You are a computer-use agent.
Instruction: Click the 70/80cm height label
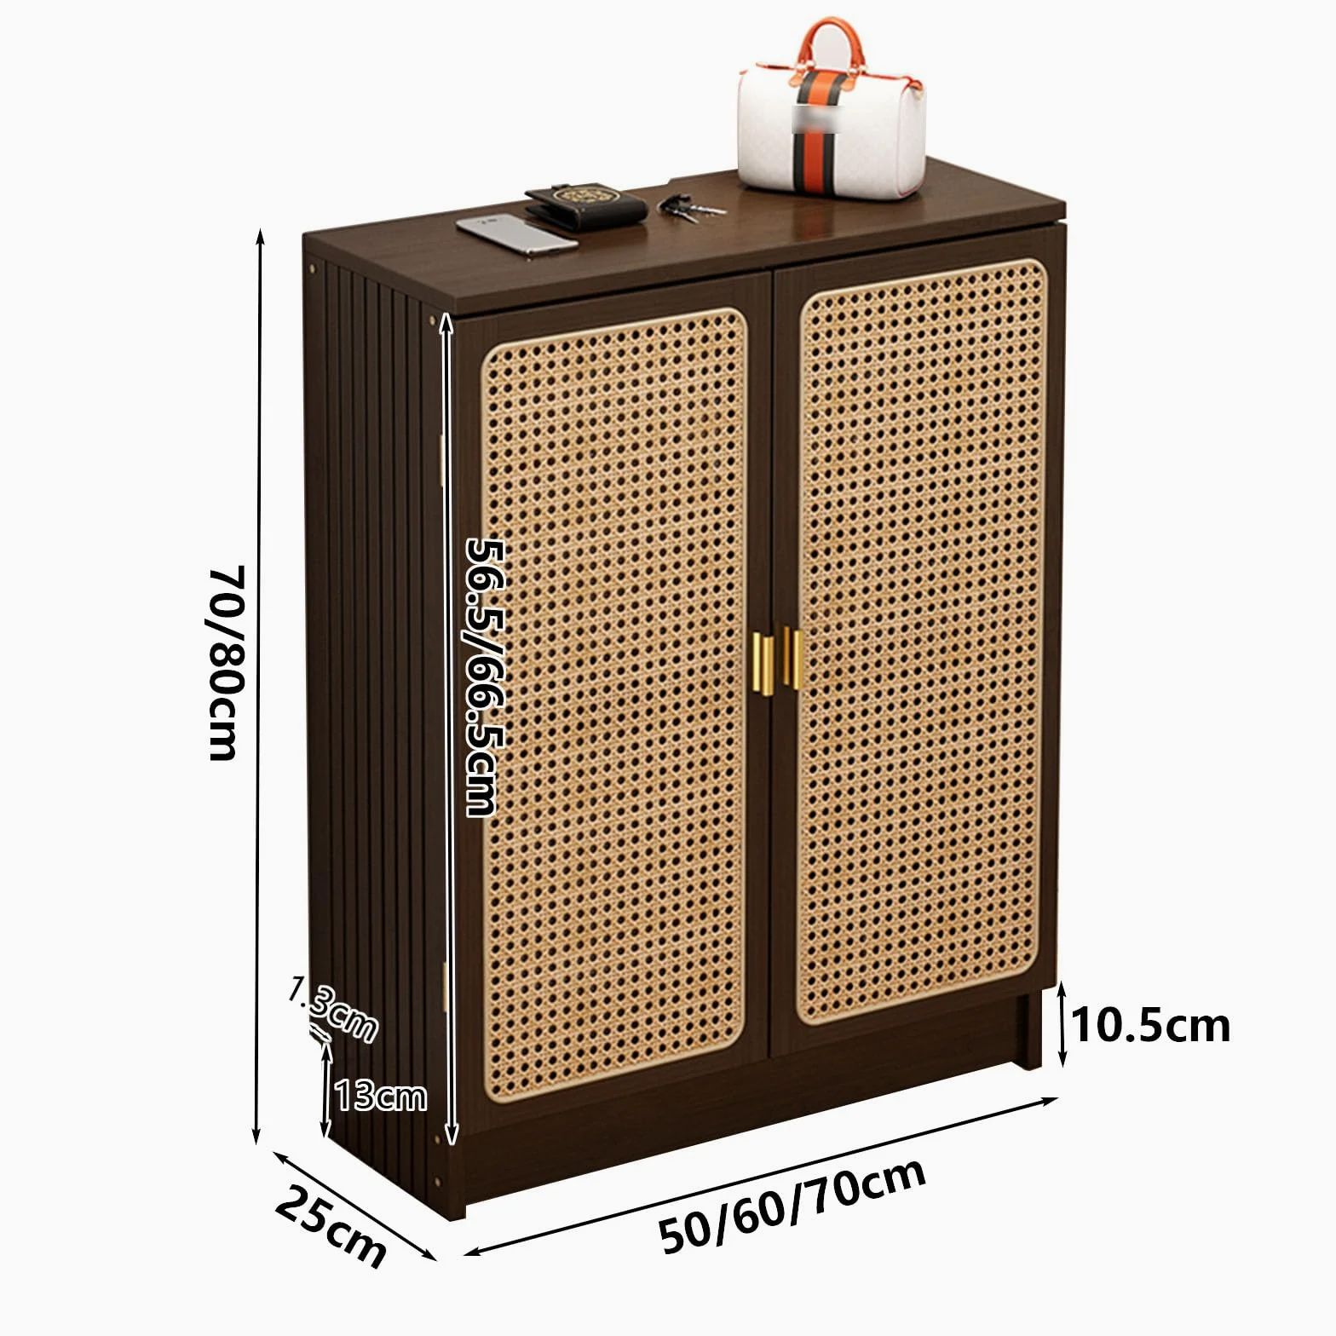[227, 662]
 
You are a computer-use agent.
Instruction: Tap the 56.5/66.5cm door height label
[482, 677]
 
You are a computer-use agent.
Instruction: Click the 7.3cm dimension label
[332, 1011]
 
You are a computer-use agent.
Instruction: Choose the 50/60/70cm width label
[792, 1205]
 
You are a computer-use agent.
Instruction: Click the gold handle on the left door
[763, 664]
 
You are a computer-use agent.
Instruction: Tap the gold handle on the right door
[792, 658]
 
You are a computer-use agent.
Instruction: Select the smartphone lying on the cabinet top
[516, 234]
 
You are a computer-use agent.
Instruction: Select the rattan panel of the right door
[923, 641]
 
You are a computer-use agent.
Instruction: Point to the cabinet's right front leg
[1029, 1029]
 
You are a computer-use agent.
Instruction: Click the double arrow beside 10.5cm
[1062, 1023]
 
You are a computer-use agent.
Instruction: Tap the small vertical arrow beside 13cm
[325, 1089]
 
